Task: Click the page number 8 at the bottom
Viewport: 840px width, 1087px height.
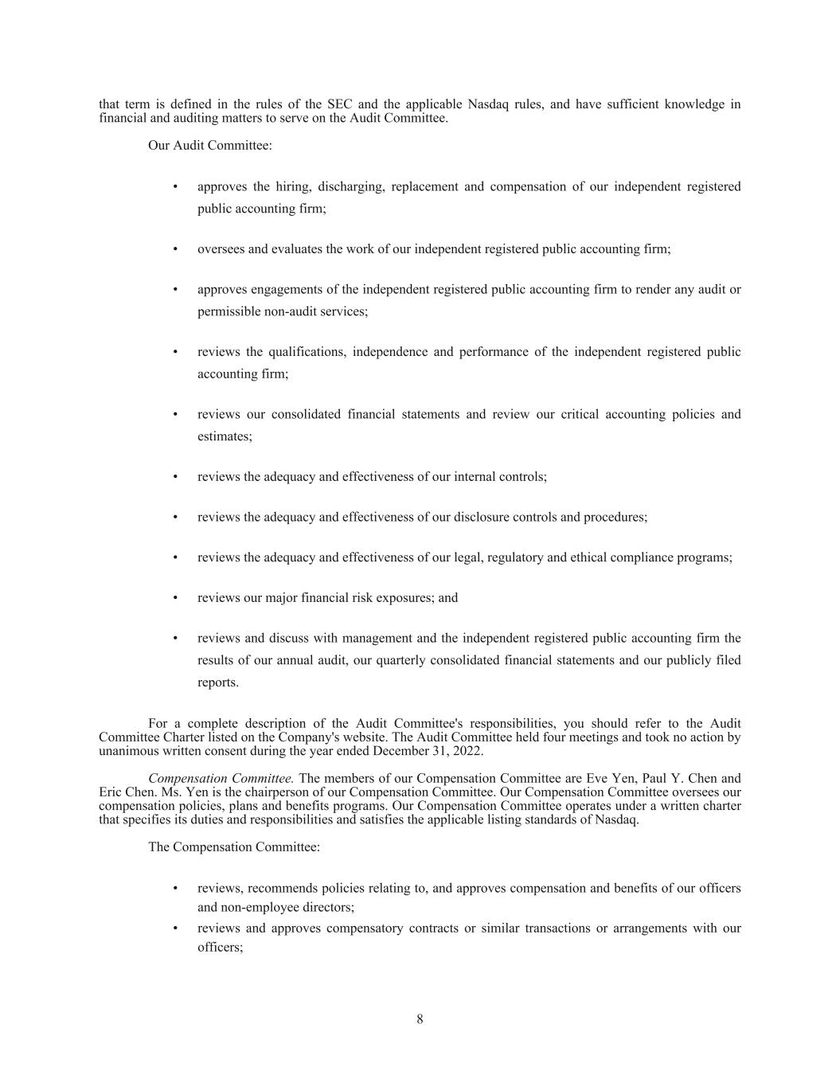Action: [x=420, y=1019]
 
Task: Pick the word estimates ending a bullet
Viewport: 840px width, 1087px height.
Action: [x=224, y=436]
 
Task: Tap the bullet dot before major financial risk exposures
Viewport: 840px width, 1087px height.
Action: [x=175, y=598]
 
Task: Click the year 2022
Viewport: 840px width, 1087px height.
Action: [x=466, y=751]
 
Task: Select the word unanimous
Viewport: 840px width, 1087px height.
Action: [x=127, y=751]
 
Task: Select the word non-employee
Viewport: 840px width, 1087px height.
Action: [x=237, y=907]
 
